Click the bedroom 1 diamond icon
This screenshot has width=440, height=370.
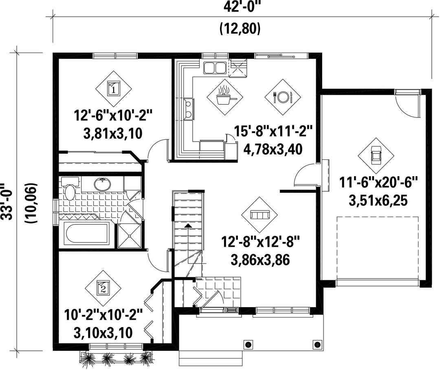(114, 89)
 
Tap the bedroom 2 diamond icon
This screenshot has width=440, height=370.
(103, 288)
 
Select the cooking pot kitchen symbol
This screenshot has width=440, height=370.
(225, 97)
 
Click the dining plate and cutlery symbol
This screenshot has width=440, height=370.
(283, 97)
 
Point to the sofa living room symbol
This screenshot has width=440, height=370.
(260, 215)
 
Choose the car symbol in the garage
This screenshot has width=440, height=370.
(376, 156)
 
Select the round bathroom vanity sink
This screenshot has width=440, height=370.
(102, 184)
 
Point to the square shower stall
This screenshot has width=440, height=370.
(130, 235)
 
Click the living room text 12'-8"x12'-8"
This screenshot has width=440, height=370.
(261, 242)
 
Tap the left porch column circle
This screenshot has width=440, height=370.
(248, 344)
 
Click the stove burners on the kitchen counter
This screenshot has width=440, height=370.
(189, 110)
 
